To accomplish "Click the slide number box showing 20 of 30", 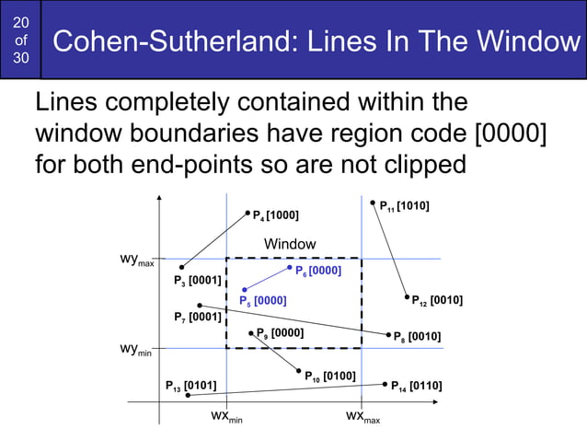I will (20, 41).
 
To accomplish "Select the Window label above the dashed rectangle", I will (290, 244).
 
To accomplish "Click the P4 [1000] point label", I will (275, 216).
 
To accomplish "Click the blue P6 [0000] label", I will (318, 271).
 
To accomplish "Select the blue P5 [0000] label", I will (262, 300).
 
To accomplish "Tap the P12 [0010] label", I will (437, 300).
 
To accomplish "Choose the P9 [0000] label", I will (280, 332).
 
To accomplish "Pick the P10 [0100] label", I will (330, 376).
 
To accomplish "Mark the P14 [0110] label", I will (416, 386).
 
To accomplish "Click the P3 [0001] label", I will (197, 280).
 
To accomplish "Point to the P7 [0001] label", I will (197, 318).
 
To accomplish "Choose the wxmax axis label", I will (363, 417).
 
